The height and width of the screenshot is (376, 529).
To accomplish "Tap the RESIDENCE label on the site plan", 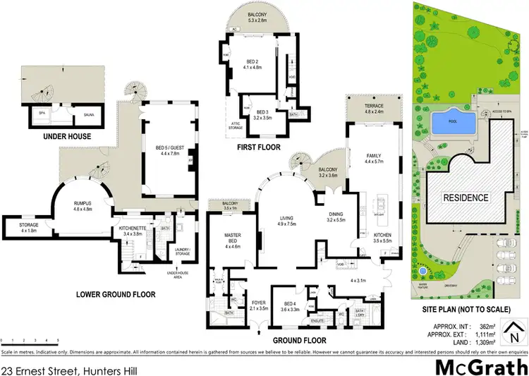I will (x=465, y=198).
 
